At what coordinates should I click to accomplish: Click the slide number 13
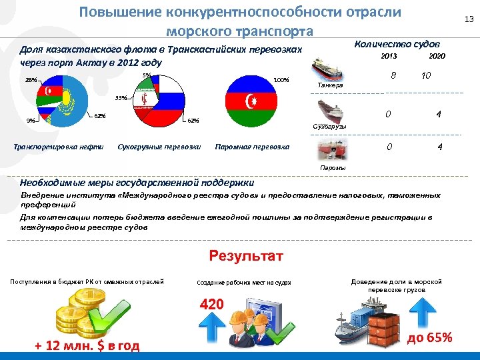[468, 21]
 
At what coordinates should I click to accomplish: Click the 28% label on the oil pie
[31, 80]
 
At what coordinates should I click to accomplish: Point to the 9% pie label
[31, 121]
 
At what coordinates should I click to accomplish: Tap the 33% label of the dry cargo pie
[121, 98]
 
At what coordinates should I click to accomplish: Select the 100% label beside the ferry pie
[281, 80]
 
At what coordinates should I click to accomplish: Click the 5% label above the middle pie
[147, 75]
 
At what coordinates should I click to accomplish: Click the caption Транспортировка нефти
[59, 147]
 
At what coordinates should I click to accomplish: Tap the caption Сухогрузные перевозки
[159, 147]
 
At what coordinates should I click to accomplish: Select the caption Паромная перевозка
[252, 147]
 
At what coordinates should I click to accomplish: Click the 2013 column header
[389, 57]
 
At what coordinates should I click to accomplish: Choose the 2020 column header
[437, 57]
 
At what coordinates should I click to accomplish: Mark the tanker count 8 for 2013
[395, 77]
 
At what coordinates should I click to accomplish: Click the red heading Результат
[246, 257]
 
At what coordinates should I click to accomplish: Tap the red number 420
[212, 305]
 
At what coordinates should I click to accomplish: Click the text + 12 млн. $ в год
[87, 345]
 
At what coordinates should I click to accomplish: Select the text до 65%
[429, 337]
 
